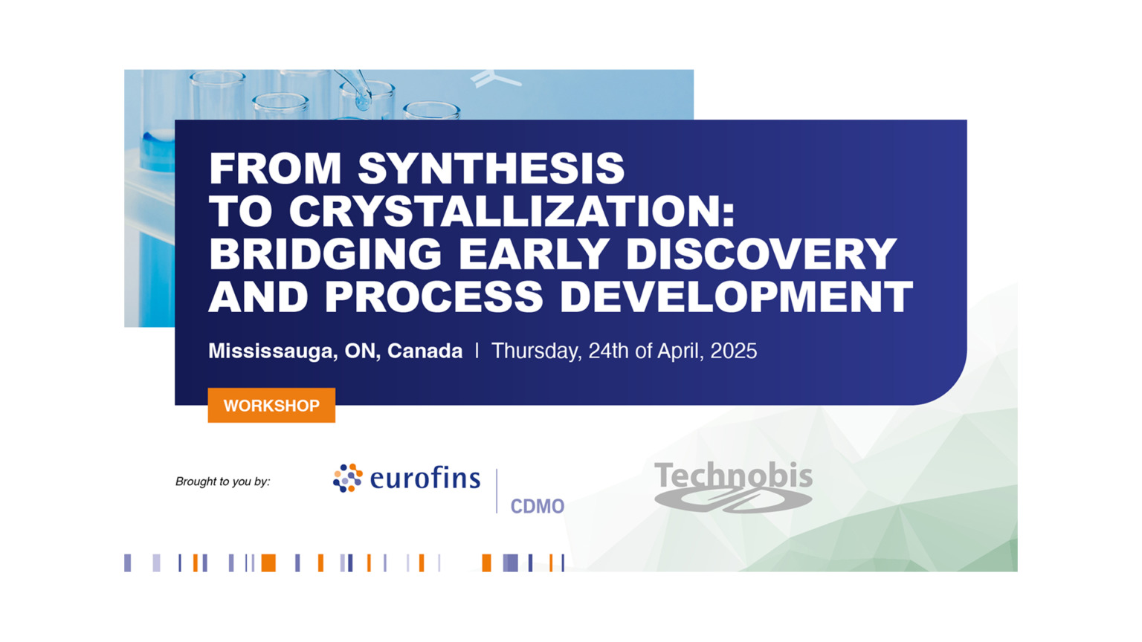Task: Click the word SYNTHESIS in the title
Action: click(491, 169)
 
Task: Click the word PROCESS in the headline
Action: click(434, 297)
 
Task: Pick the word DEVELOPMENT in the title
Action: click(736, 297)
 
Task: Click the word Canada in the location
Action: click(425, 351)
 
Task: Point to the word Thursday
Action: click(535, 351)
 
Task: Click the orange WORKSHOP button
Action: click(271, 406)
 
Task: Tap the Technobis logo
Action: click(733, 486)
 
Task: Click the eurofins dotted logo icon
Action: click(347, 478)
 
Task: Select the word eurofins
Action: click(425, 478)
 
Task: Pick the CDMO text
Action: click(537, 507)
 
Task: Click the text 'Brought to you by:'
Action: click(222, 481)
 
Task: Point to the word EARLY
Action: click(533, 254)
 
